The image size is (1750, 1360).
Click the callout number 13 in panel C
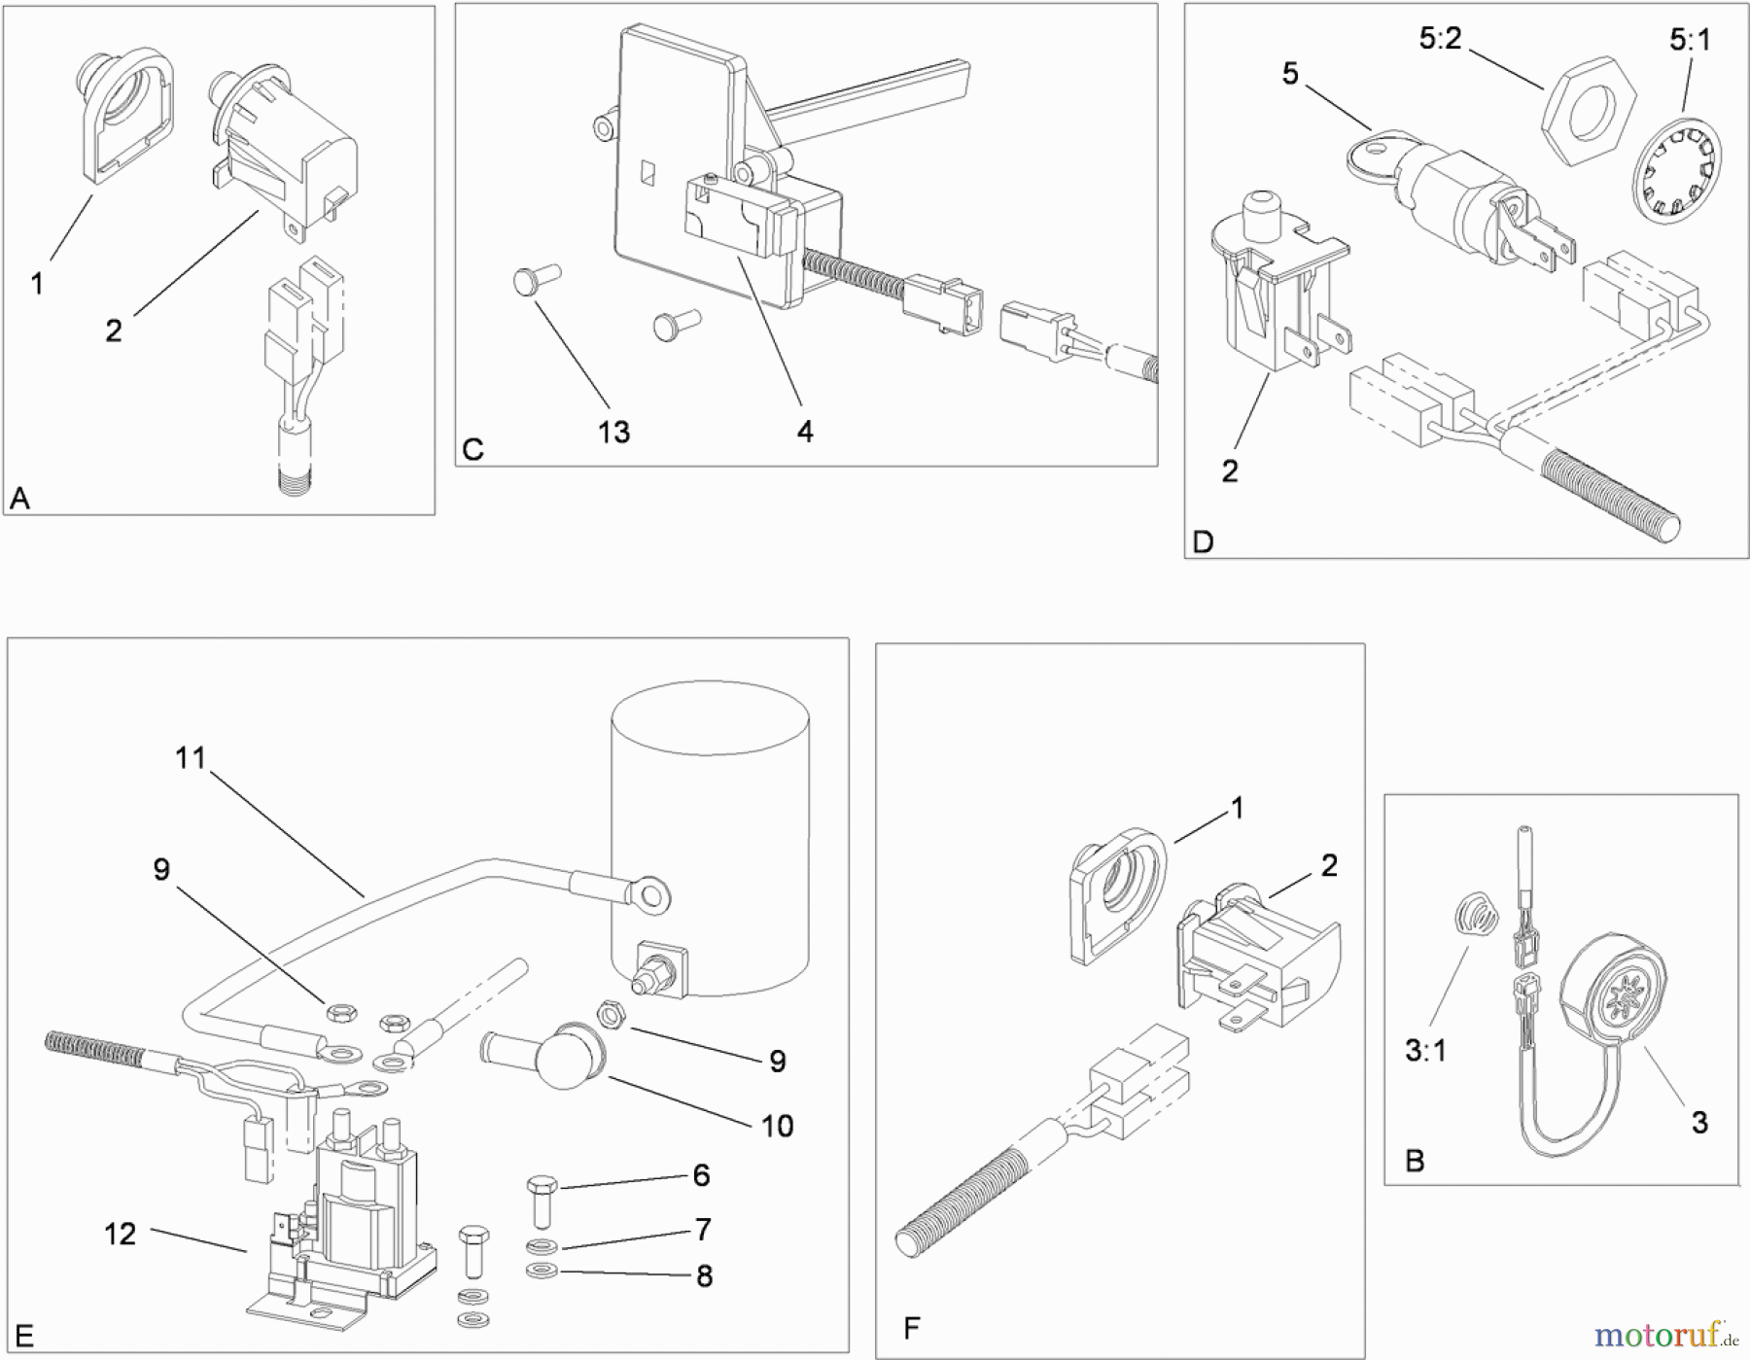tap(613, 432)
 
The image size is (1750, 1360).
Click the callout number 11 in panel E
tap(191, 757)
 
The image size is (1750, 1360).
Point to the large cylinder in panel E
tap(710, 836)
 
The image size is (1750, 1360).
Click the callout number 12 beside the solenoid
tap(120, 1234)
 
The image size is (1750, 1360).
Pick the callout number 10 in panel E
tap(777, 1126)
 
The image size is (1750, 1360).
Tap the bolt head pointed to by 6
tap(542, 1186)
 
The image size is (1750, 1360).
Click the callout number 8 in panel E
tap(705, 1275)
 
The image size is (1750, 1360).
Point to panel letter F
tap(911, 1327)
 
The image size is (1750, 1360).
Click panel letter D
tap(1203, 541)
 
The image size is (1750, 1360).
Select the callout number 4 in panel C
tap(805, 432)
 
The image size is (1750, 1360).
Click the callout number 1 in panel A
tap(37, 284)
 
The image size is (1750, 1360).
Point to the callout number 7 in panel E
tap(703, 1230)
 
